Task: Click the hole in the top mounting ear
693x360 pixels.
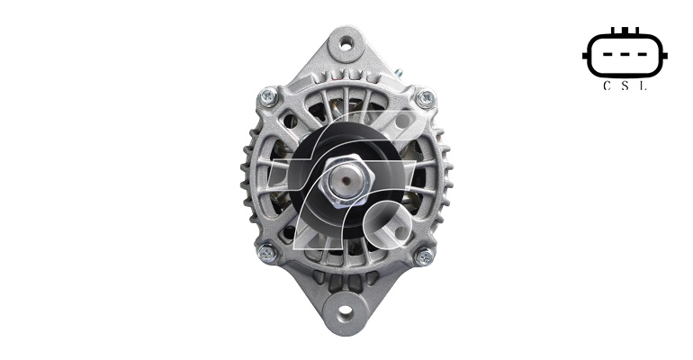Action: point(346,43)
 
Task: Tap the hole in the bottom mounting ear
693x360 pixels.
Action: point(346,312)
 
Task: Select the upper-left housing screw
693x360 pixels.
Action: point(268,96)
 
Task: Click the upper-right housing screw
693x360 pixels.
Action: point(425,98)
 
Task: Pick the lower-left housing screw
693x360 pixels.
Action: point(267,253)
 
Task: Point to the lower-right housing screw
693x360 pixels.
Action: point(423,256)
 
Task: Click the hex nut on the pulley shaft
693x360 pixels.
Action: point(346,181)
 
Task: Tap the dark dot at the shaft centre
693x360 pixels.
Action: point(346,180)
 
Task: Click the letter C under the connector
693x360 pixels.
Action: point(607,86)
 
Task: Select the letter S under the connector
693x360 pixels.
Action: point(625,86)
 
